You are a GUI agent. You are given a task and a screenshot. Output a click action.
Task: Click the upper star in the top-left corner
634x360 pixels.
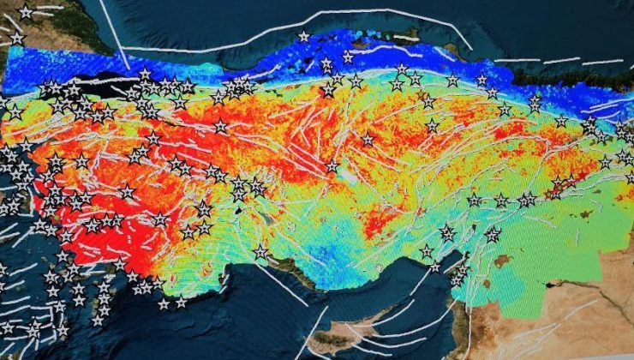pyautogui.click(x=26, y=12)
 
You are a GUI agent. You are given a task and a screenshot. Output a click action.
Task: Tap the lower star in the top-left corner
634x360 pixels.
pyautogui.click(x=17, y=38)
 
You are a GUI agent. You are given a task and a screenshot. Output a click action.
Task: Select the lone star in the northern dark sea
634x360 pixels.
pyautogui.click(x=303, y=36)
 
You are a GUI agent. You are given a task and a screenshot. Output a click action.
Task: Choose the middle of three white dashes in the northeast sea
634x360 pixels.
pyautogui.click(x=561, y=61)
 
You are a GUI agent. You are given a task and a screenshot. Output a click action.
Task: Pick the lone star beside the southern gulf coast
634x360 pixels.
pyautogui.click(x=260, y=252)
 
